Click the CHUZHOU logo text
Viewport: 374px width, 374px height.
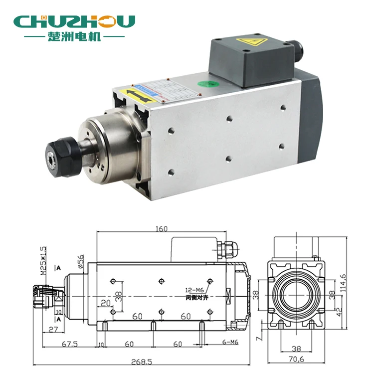tap(75, 21)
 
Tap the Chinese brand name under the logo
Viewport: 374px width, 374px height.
tap(75, 37)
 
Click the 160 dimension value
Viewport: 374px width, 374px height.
tap(161, 229)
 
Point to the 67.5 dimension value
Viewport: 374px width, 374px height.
tap(69, 344)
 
